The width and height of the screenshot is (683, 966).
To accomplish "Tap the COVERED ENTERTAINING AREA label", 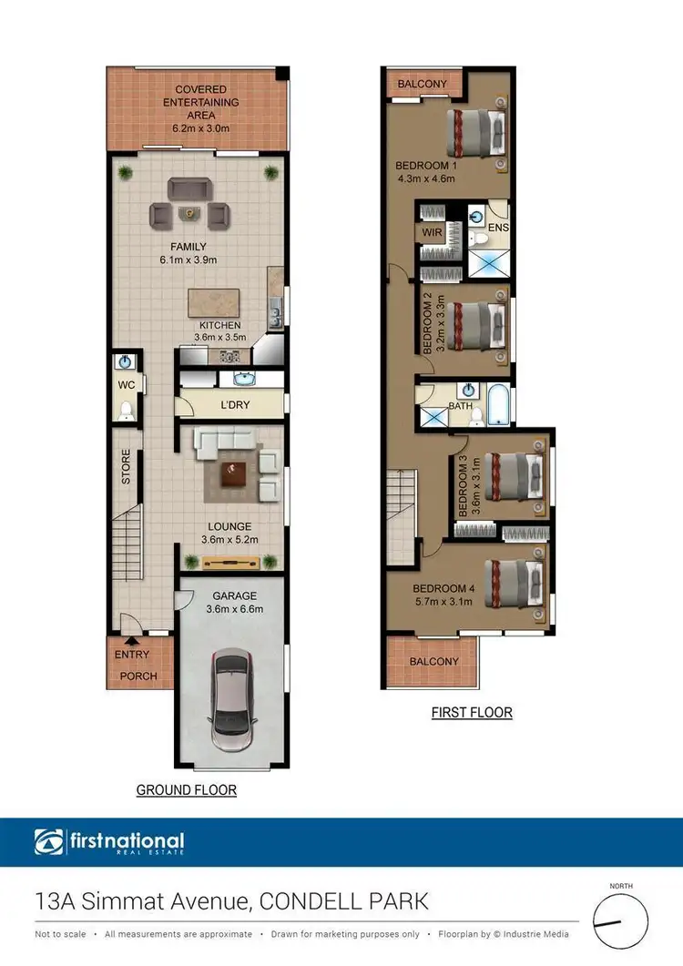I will (x=196, y=102).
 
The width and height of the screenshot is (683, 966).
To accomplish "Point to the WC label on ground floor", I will (x=127, y=385).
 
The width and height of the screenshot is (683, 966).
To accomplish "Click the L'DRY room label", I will (x=234, y=404).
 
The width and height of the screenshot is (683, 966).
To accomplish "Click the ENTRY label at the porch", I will (x=132, y=655).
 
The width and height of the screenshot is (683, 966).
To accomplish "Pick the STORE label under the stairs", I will (x=127, y=466).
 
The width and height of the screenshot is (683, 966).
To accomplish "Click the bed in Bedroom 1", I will (x=474, y=133).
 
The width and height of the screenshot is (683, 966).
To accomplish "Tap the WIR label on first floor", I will (x=432, y=232).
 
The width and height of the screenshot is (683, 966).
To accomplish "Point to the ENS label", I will (x=499, y=227).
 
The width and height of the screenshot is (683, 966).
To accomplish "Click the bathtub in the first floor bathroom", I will (x=500, y=405).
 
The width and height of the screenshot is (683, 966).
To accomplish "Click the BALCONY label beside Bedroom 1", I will (x=422, y=84).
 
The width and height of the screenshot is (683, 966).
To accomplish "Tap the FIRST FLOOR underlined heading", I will (x=472, y=712).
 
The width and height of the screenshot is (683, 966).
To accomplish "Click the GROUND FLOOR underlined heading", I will (x=187, y=789).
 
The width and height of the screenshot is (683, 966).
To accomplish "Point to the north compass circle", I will (x=620, y=923).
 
